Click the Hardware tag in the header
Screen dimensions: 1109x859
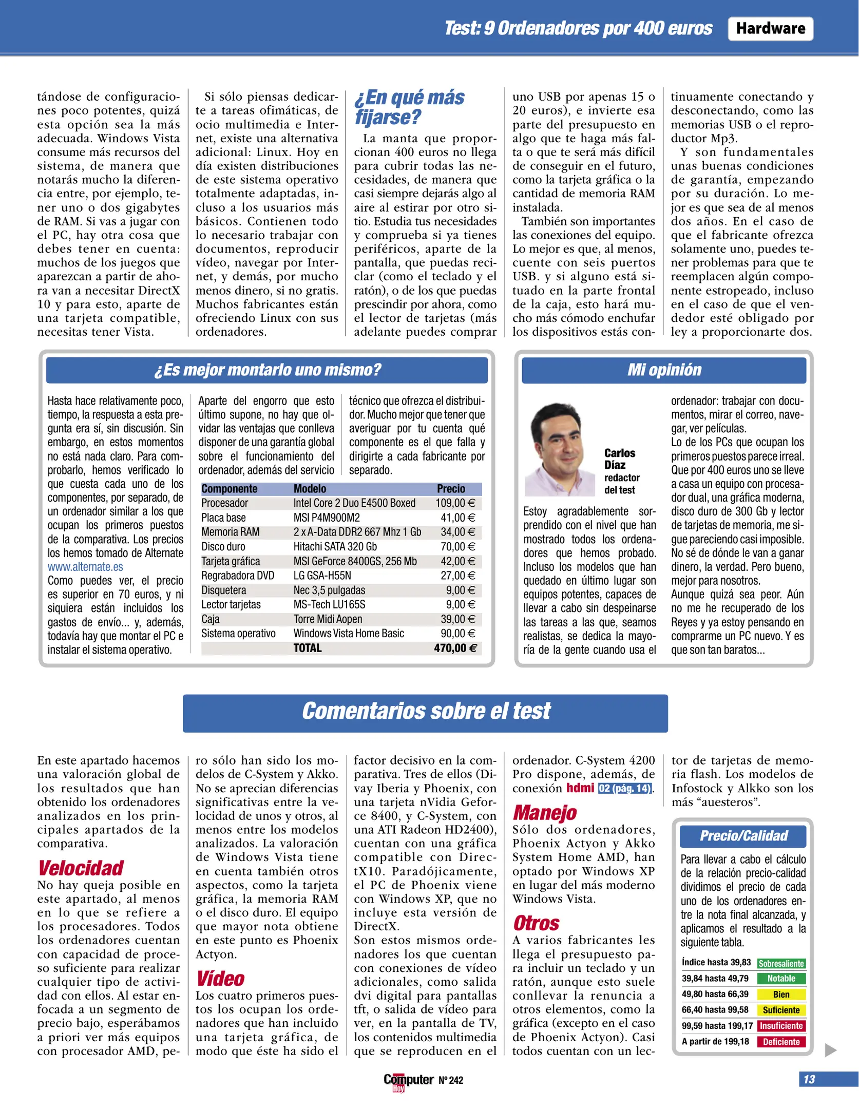770,29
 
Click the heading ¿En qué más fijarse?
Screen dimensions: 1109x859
409,107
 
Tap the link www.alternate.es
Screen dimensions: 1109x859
85,567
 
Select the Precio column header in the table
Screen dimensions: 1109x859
451,489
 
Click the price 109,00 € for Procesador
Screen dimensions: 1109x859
455,503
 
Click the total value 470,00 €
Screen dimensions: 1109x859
455,648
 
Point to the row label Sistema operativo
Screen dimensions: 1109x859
238,634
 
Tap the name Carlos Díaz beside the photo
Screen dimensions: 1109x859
619,459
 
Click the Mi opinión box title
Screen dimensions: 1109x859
663,370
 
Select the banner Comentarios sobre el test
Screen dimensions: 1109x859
425,712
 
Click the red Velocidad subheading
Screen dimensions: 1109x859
81,868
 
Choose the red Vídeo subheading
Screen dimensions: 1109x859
221,979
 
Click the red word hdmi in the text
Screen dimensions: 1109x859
580,788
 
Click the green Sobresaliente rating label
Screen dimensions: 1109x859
780,964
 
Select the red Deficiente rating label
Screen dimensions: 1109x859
781,1042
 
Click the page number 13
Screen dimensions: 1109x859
809,1079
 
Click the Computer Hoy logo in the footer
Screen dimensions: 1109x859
408,1081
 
